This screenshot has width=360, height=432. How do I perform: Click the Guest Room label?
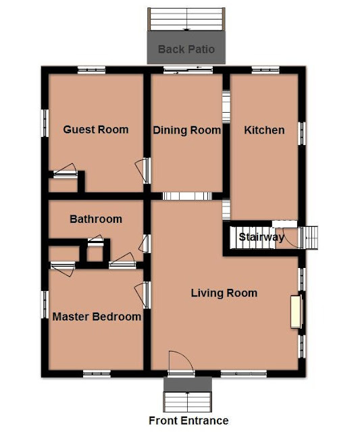tap(96, 130)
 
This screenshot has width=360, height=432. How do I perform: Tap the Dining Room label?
tap(186, 130)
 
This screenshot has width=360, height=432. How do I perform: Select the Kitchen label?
tap(264, 130)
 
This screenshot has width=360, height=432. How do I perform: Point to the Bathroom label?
tap(96, 219)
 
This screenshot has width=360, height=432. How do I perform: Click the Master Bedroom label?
tap(97, 317)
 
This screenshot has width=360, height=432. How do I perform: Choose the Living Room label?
tap(224, 293)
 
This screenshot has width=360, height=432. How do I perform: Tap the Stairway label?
tap(261, 237)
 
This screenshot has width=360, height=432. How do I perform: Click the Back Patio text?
tap(186, 49)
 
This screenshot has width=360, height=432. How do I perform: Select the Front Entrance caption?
tap(188, 421)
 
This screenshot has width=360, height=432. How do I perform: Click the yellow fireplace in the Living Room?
tap(296, 312)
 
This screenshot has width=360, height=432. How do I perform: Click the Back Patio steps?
tap(186, 19)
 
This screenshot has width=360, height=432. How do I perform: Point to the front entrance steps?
tap(188, 402)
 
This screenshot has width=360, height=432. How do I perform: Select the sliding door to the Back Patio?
tap(188, 70)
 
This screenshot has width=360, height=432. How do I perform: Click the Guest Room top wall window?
tap(91, 70)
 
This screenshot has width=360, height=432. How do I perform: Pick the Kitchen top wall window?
tap(265, 70)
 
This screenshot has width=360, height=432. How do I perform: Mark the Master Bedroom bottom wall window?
tap(97, 374)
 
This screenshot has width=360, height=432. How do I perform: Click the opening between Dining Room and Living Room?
tap(187, 196)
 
